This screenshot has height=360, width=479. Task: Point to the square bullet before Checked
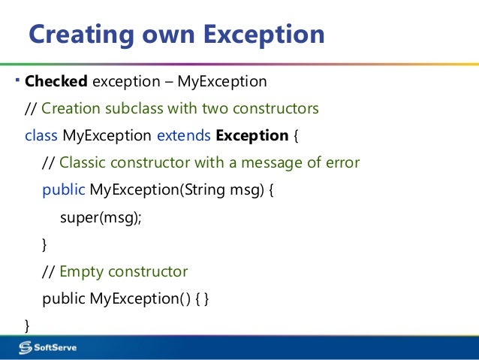pos(19,79)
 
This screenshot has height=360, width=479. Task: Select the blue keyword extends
pos(183,136)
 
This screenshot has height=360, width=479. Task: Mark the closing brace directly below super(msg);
pos(44,244)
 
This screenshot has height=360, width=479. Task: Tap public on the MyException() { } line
pos(64,298)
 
